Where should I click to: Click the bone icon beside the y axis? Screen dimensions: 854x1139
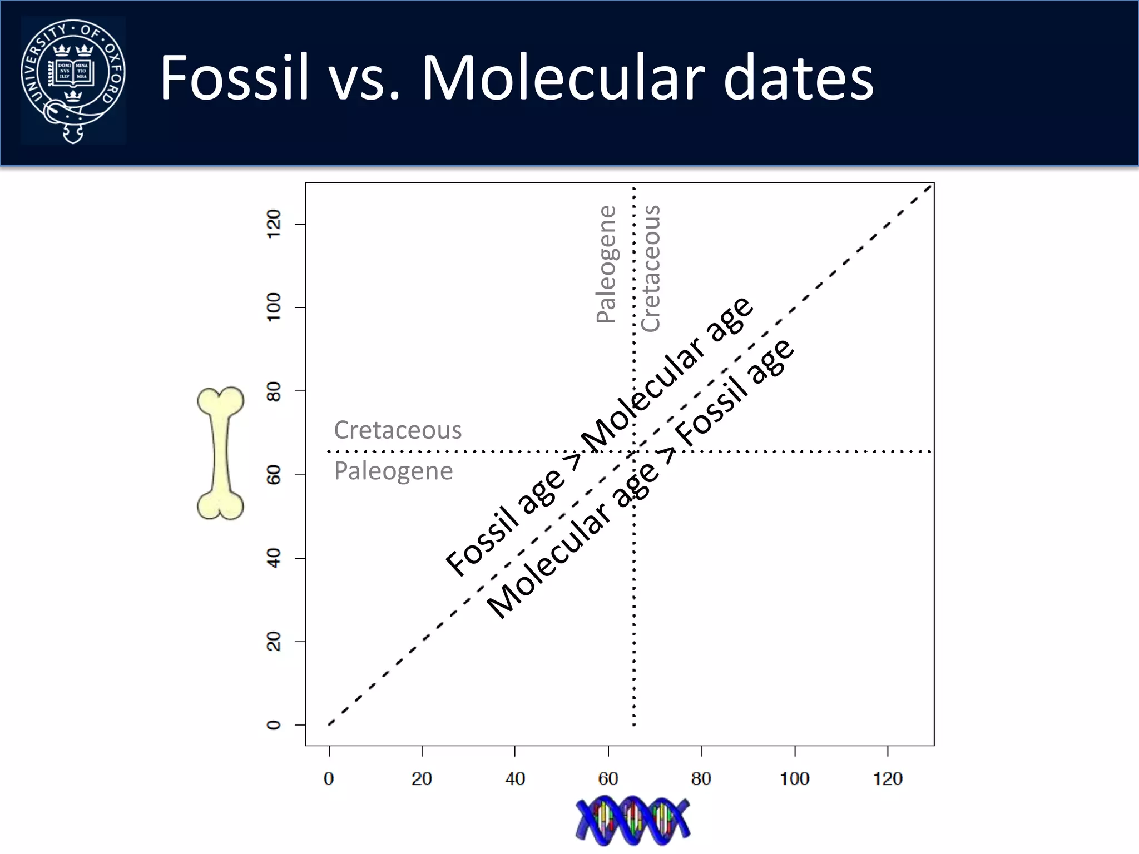point(221,453)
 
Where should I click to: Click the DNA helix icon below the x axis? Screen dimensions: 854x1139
point(632,820)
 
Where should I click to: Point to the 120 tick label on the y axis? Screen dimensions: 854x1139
point(274,224)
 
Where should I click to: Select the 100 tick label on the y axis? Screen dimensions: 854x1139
point(274,307)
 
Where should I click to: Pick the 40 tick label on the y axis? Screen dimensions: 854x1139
point(274,558)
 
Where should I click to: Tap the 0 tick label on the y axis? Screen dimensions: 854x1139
point(274,725)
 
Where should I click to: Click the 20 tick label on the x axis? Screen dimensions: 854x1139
point(422,778)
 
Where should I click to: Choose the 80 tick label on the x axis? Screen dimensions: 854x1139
point(701,778)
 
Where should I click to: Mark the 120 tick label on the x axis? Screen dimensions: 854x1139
point(888,778)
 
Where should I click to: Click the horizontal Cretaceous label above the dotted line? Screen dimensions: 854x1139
point(398,430)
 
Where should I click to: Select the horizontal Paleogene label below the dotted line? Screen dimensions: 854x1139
point(393,471)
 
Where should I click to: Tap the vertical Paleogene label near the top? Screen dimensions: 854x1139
point(606,264)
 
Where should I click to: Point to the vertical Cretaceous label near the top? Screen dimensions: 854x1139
point(651,268)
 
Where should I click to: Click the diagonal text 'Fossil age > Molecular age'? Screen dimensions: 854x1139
point(600,436)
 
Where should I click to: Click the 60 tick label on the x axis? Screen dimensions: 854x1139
point(608,778)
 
